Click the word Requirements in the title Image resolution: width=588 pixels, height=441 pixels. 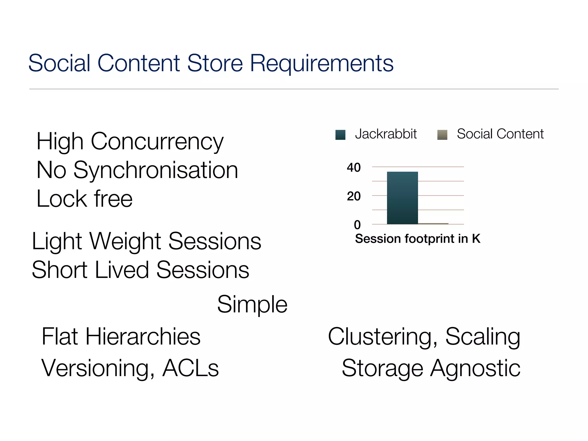pos(322,64)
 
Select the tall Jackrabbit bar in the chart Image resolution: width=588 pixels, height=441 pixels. pos(402,198)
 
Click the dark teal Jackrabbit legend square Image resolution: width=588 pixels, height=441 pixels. pos(340,135)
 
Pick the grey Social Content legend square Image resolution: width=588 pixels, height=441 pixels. pos(442,135)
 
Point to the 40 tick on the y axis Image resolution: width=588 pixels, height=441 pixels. pos(353,167)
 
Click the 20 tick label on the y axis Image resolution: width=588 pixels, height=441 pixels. pos(353,196)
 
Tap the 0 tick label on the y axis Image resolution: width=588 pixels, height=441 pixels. pos(357,225)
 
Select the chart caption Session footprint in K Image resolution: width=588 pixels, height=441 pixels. pos(417,239)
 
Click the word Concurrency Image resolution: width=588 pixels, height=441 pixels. pos(157,142)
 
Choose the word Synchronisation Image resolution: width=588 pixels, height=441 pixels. pos(156,170)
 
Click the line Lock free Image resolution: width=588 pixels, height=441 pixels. pos(84,199)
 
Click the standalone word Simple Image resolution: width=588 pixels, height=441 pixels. pos(252,304)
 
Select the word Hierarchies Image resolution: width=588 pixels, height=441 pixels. pos(143,336)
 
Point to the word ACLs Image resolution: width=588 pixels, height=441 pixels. pos(190,368)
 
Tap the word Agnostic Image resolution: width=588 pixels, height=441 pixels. pos(475,368)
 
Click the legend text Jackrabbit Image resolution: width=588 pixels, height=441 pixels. pos(386,134)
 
